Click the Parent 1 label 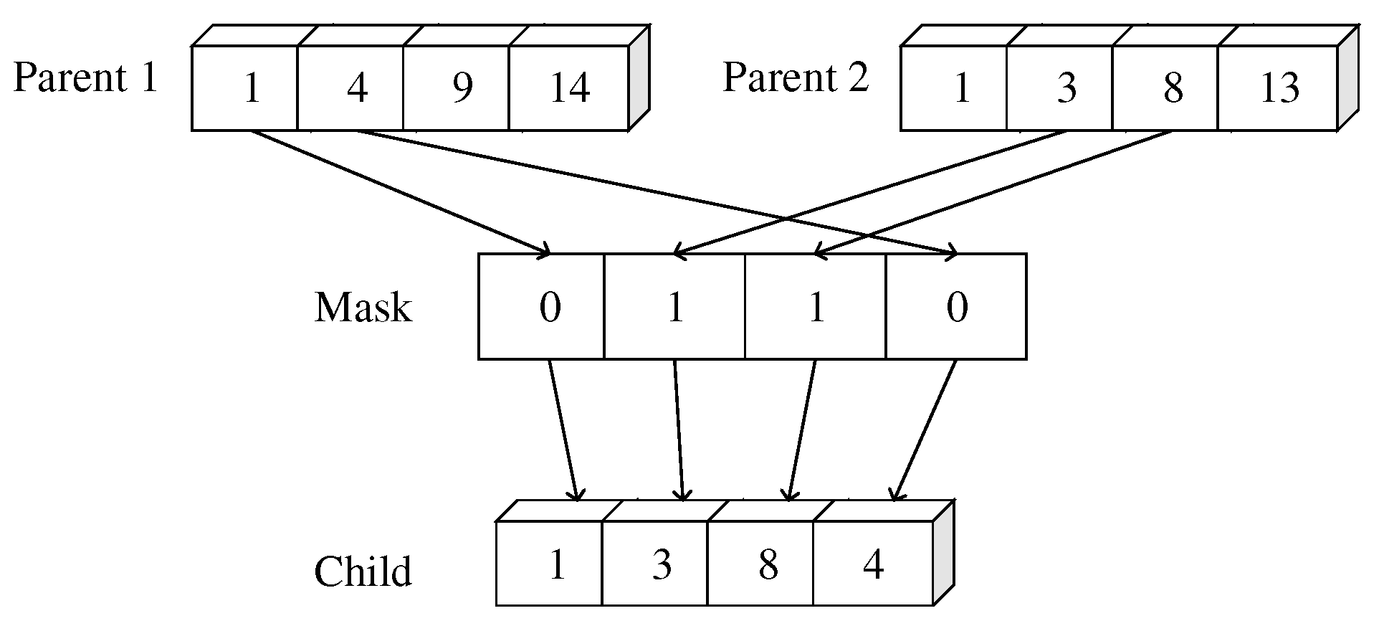click(85, 78)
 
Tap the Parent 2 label click(795, 78)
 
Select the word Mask click(363, 308)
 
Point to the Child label click(363, 572)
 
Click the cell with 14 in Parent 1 click(569, 88)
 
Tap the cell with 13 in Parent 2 click(1278, 88)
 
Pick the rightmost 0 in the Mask click(956, 307)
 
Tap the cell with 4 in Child click(873, 564)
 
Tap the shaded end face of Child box click(943, 553)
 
